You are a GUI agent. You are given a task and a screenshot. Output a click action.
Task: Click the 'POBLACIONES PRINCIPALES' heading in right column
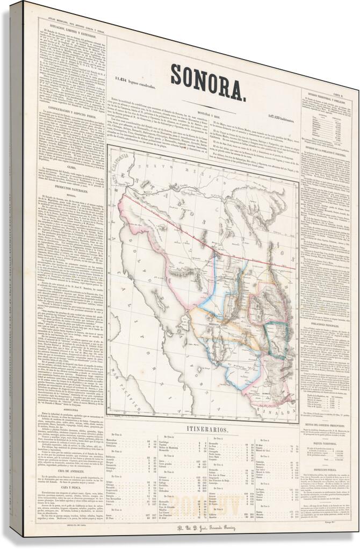point(326,325)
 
